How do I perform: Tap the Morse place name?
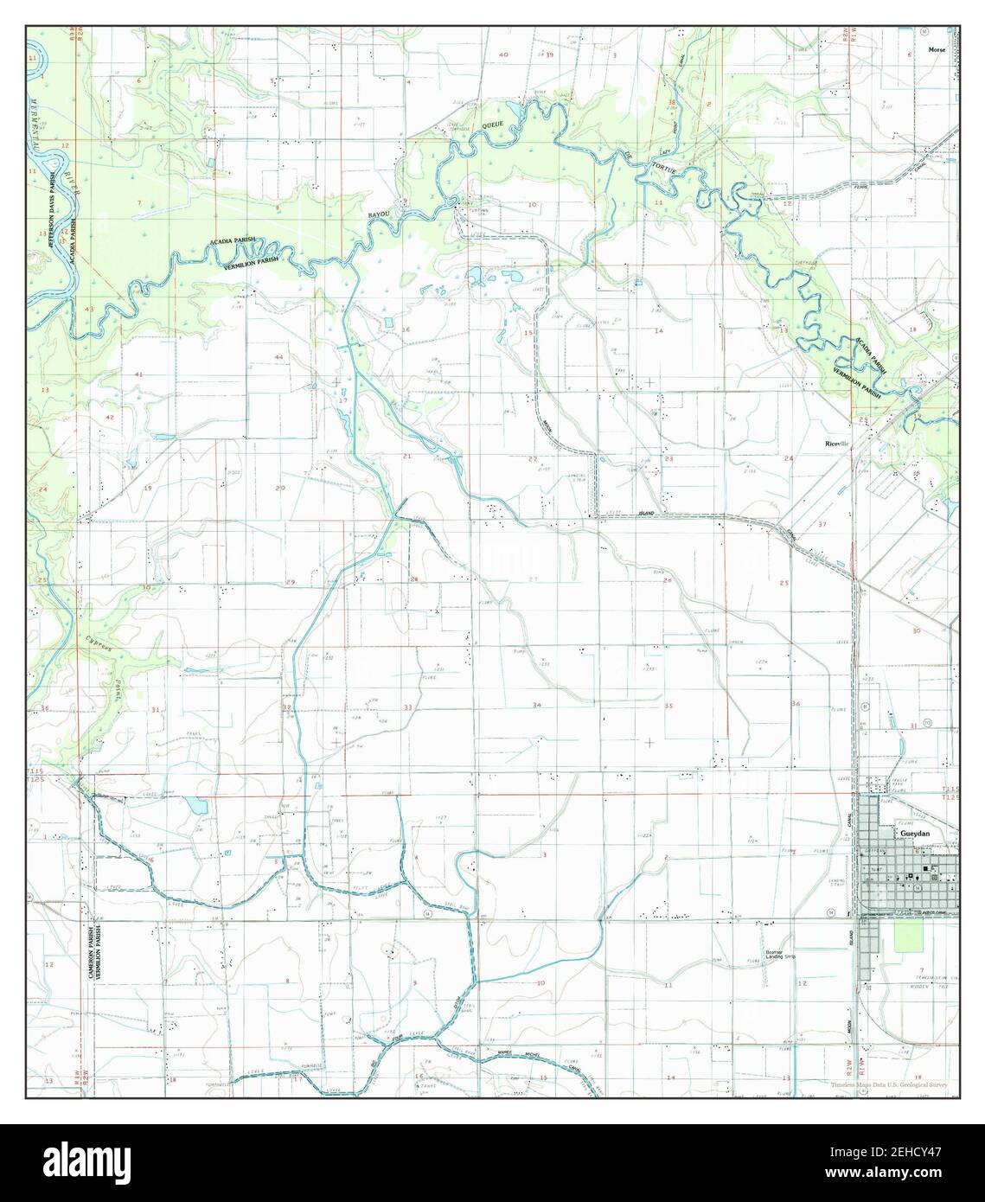pos(937,50)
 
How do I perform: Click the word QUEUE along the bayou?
pos(491,125)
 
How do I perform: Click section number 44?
pos(278,357)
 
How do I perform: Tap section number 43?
pos(90,309)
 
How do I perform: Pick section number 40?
pos(503,54)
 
